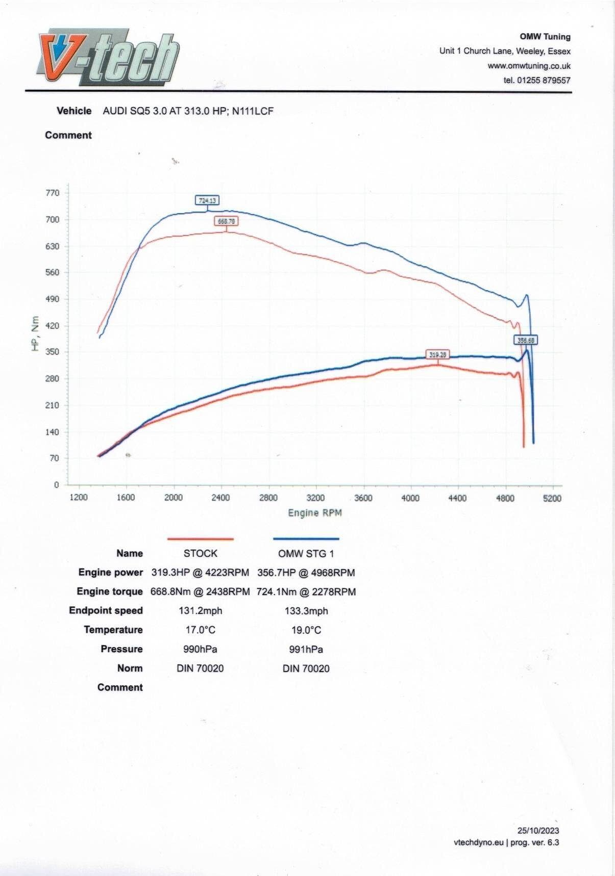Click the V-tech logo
tap(109, 57)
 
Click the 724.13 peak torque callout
tap(207, 200)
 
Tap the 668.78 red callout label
tap(226, 221)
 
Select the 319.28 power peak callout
tap(438, 354)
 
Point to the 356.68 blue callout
tap(526, 340)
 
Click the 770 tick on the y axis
tap(53, 193)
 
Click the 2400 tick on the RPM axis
tap(220, 498)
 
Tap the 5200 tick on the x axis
tap(552, 498)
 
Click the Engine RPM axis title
tap(315, 513)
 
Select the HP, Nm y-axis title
tap(35, 333)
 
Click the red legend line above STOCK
tap(201, 538)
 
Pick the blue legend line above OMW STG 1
tap(306, 538)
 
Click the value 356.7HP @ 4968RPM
tap(306, 573)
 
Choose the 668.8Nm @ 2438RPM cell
tap(200, 591)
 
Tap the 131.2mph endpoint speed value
tap(201, 611)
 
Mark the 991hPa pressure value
tap(306, 649)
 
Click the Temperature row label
tap(113, 630)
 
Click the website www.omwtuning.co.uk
tap(529, 66)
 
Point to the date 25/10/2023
tap(538, 831)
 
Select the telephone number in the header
tap(537, 80)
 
